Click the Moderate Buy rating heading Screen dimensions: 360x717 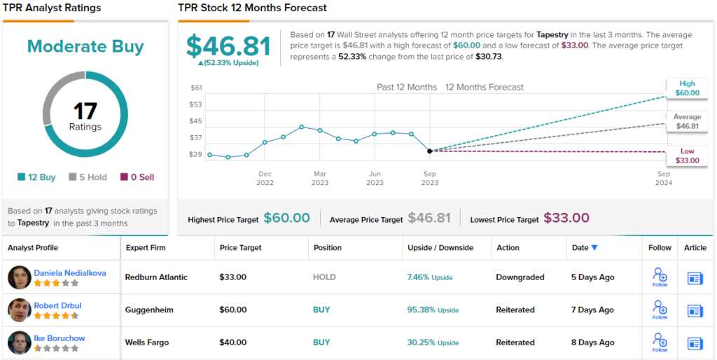(x=85, y=47)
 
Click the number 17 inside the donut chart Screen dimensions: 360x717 (x=85, y=111)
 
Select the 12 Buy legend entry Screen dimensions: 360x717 (x=36, y=177)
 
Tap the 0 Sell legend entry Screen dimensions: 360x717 (x=137, y=177)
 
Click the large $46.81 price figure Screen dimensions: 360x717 (x=228, y=46)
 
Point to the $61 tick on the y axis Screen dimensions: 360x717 (x=196, y=88)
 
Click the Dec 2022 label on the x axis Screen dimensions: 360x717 (x=265, y=178)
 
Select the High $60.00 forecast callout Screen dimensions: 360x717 (x=687, y=88)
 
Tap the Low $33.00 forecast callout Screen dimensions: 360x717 (x=687, y=155)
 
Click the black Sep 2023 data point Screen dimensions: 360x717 (x=430, y=151)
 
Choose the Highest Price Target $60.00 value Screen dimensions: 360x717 (x=286, y=218)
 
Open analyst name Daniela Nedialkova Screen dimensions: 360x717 (x=70, y=272)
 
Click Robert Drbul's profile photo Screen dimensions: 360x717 (x=19, y=310)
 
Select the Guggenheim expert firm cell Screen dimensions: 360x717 (x=149, y=310)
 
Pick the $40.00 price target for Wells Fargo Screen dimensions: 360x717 (x=233, y=342)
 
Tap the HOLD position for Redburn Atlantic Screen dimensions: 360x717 (x=324, y=277)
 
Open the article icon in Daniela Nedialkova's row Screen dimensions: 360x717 (x=695, y=277)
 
